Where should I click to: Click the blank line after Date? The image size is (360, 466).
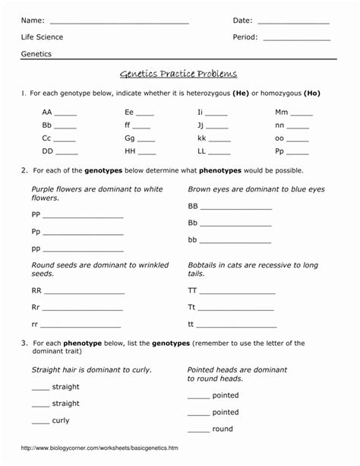click(x=293, y=21)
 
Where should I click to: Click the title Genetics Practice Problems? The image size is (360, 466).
click(x=178, y=74)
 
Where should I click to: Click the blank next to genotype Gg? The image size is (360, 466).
click(x=145, y=141)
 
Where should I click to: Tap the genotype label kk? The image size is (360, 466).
click(x=202, y=139)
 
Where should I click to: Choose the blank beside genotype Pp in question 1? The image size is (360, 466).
click(x=299, y=153)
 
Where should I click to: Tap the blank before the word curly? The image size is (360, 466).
click(x=40, y=422)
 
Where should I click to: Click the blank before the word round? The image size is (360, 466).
click(x=198, y=430)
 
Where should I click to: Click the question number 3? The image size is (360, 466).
click(x=24, y=344)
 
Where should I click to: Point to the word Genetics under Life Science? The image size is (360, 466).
click(x=36, y=55)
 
